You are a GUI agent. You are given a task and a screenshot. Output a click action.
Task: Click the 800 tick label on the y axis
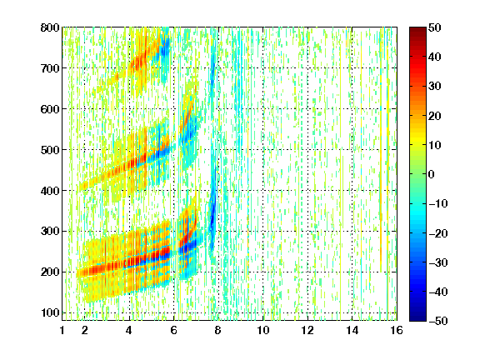tap(50, 27)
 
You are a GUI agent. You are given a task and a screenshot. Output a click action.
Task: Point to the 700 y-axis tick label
tap(50, 68)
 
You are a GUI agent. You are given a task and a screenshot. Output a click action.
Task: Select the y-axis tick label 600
tap(50, 109)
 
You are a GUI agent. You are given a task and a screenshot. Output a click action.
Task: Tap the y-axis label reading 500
tap(50, 150)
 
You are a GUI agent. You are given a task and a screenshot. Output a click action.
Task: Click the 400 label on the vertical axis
tap(50, 191)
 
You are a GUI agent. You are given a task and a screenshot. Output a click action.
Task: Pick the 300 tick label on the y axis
tap(50, 232)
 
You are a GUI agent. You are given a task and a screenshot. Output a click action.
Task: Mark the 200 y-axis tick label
tap(50, 272)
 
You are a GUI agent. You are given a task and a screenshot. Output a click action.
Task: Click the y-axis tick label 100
tap(50, 312)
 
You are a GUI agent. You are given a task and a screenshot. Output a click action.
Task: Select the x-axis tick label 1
tap(62, 330)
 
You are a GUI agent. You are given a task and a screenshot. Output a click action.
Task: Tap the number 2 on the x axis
tap(85, 330)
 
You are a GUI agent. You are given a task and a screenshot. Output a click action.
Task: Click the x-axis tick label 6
tap(173, 330)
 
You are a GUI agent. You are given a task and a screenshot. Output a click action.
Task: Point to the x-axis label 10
tap(263, 330)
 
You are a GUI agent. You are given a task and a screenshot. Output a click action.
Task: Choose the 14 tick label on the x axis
tap(352, 330)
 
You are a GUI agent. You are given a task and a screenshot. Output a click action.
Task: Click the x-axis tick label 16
tap(397, 330)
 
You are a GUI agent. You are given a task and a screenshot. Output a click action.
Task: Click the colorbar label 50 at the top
tap(434, 27)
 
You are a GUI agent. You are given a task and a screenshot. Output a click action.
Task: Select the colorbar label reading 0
tap(431, 174)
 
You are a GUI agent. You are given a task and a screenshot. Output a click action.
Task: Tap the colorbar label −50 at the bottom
tap(438, 321)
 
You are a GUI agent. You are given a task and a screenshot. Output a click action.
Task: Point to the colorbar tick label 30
tap(434, 87)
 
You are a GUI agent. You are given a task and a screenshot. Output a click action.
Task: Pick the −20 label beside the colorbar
tap(438, 233)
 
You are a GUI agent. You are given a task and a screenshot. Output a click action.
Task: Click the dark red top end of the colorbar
tap(417, 29)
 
